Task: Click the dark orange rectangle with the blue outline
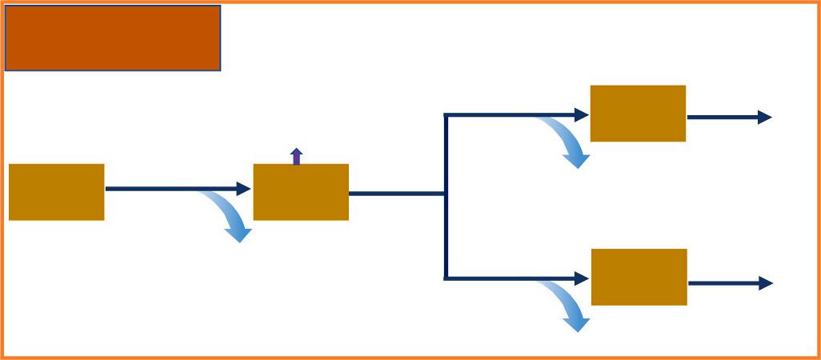coord(113,38)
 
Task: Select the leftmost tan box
coord(57,192)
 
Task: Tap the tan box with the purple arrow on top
coord(301,192)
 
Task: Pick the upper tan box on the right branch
coord(638,114)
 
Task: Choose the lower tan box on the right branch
coord(639,277)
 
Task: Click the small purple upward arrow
coord(297,156)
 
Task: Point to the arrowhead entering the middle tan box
coord(244,189)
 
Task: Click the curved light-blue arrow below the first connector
coord(228,214)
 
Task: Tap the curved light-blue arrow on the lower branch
coord(566,306)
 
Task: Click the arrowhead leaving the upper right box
coord(765,118)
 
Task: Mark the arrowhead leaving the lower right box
coord(766,283)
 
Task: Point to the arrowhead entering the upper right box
coord(583,115)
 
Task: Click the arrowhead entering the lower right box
coord(583,278)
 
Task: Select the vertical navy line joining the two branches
coord(446,232)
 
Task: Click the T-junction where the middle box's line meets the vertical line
coord(446,194)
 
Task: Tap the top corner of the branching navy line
coord(446,116)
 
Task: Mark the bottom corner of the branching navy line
coord(446,278)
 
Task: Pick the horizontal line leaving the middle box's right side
coord(396,194)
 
